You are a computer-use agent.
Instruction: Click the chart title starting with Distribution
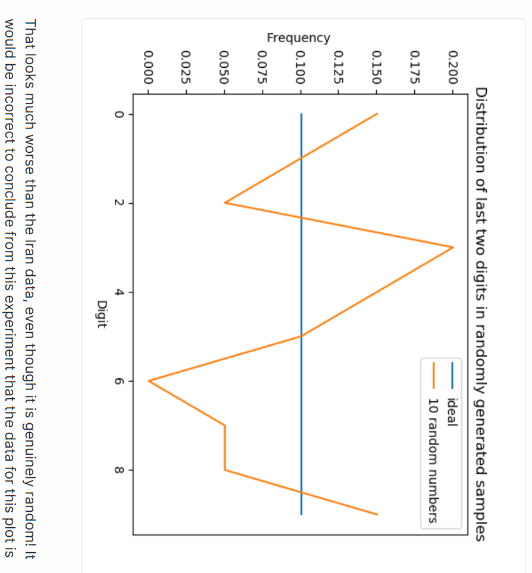pyautogui.click(x=481, y=314)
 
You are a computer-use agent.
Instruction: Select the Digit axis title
pyautogui.click(x=102, y=314)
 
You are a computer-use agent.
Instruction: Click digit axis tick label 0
pyautogui.click(x=119, y=114)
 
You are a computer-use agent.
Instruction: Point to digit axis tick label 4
pyautogui.click(x=119, y=292)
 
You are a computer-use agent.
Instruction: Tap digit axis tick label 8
pyautogui.click(x=119, y=470)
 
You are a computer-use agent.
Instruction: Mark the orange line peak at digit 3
pyautogui.click(x=453, y=247)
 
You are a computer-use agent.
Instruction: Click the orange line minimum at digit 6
pyautogui.click(x=149, y=381)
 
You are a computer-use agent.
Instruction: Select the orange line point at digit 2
pyautogui.click(x=225, y=203)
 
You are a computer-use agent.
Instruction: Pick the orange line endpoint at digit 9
pyautogui.click(x=377, y=514)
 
